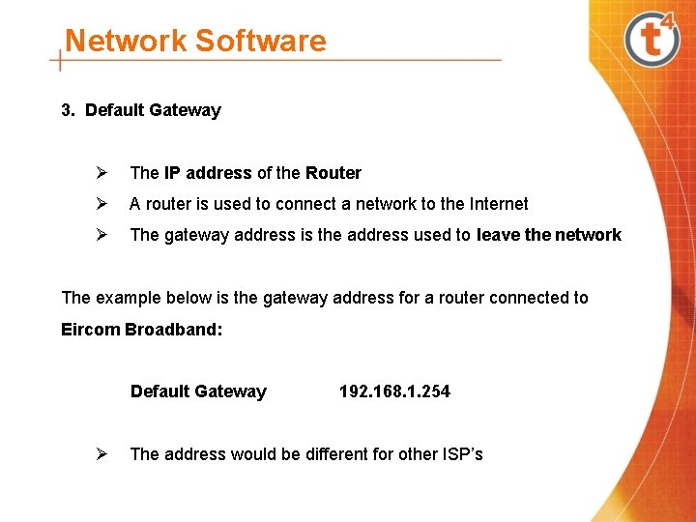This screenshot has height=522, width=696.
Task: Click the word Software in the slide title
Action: (260, 41)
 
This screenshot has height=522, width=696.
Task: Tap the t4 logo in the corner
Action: (653, 38)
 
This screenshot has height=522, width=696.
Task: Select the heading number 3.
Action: (68, 110)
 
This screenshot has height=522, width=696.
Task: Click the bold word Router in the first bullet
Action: (333, 173)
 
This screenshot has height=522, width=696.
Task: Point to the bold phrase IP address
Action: (208, 173)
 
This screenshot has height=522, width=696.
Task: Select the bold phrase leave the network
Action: (549, 235)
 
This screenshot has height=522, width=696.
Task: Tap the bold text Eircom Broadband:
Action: (142, 329)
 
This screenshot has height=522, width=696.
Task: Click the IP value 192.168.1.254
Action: (394, 391)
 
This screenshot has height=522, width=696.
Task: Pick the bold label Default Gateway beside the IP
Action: (198, 391)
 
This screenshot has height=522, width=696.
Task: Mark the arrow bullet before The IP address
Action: (99, 173)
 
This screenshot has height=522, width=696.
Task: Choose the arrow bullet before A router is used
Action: (99, 204)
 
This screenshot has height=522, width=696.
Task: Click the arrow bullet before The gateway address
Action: (99, 235)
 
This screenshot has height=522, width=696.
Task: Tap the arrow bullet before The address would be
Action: (99, 454)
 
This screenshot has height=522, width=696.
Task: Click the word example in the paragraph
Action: (127, 298)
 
